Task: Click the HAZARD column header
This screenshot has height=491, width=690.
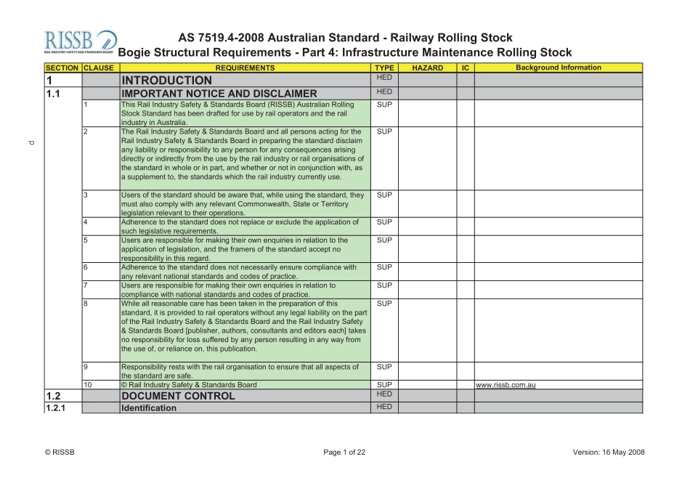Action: point(427,68)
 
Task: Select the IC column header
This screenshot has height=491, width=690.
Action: point(465,68)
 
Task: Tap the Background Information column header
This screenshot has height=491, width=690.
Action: point(558,68)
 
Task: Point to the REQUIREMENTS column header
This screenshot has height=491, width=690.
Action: point(245,68)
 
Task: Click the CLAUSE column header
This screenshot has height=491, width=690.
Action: point(100,68)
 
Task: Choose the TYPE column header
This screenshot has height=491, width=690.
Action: point(384,68)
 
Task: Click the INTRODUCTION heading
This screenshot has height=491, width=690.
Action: point(167,80)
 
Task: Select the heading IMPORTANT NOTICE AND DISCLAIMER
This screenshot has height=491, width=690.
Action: point(219,93)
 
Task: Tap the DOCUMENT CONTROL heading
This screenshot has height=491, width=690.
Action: point(178,396)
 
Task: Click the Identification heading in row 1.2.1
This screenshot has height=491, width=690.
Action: point(149,408)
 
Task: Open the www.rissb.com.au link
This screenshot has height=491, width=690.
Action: point(506,385)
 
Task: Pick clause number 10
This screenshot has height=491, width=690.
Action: point(88,385)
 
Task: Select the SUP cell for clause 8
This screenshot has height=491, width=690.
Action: point(384,304)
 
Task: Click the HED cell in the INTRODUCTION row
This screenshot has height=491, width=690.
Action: point(384,77)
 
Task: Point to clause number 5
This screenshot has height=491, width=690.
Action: point(86,240)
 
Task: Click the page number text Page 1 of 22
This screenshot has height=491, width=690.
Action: point(344,453)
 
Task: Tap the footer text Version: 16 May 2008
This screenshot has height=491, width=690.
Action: point(609,453)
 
